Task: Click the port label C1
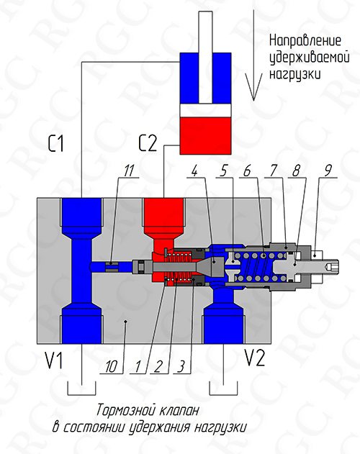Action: tap(55, 143)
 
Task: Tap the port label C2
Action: tap(148, 143)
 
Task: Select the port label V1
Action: tap(53, 360)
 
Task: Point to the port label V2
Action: tap(255, 358)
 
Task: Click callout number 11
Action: tap(129, 171)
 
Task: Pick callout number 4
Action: tap(195, 171)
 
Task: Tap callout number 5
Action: tap(223, 171)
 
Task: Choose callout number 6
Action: tap(247, 171)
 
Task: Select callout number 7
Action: tap(272, 171)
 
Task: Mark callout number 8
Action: tap(296, 171)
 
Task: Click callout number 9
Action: tap(328, 171)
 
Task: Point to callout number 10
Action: tap(112, 367)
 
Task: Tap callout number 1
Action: tap(138, 367)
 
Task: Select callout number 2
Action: tap(158, 367)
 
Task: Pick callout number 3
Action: tap(181, 367)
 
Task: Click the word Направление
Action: tap(305, 40)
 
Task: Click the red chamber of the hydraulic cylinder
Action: tap(205, 135)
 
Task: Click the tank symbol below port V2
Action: tap(223, 388)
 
